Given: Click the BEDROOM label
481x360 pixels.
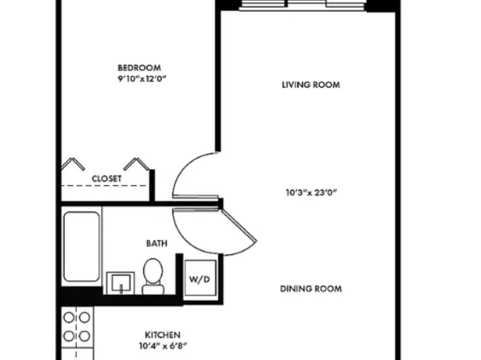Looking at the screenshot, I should tap(139, 67).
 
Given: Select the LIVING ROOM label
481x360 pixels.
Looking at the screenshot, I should tap(310, 85).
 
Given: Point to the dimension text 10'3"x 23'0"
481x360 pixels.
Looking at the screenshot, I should tap(311, 193).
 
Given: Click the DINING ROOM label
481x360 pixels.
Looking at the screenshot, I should tap(311, 289).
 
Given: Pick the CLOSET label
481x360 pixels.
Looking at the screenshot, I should tap(107, 178).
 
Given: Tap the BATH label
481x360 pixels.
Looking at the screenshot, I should tap(156, 243).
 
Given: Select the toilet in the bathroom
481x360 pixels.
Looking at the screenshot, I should tap(152, 276).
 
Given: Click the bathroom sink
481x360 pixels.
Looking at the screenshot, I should tap(121, 282).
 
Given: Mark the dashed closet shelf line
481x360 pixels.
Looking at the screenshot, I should tap(105, 187).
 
